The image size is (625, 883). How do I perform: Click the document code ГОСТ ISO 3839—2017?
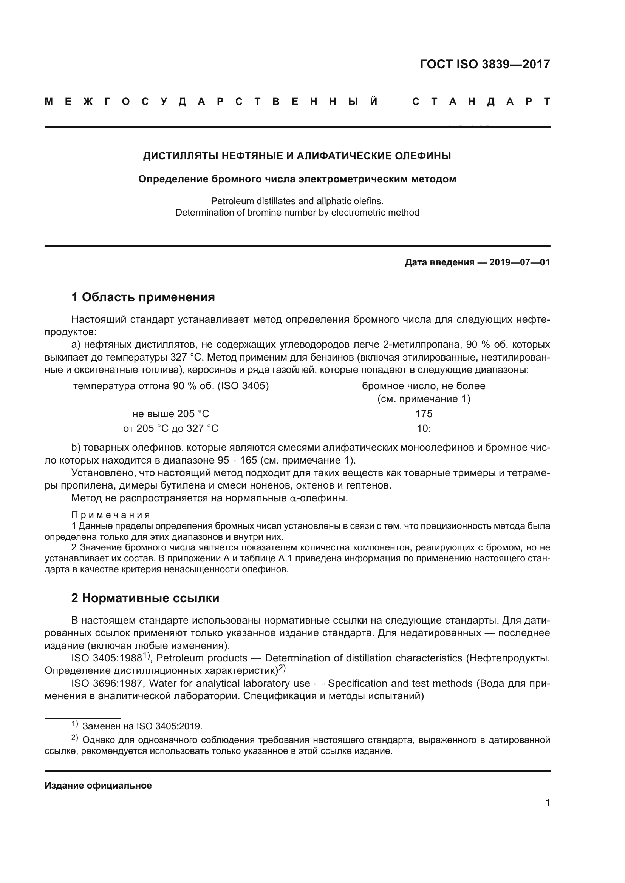pos(484,64)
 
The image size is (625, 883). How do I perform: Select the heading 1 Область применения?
pos(143,297)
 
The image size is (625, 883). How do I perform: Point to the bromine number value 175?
pos(424,414)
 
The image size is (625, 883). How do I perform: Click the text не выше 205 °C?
pos(170,414)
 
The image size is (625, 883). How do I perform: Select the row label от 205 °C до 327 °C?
pos(170,428)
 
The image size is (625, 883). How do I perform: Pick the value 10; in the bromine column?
pos(424,428)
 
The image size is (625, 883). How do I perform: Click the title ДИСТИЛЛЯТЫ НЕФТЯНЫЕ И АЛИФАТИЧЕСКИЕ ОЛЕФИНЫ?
pos(297,156)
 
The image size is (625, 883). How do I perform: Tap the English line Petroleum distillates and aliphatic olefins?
pos(297,201)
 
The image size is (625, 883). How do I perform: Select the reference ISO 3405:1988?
pos(107,658)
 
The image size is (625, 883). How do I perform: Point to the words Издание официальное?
pos(98,785)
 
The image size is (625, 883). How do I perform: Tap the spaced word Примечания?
pos(111,515)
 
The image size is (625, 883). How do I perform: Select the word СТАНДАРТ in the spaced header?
pos(481,102)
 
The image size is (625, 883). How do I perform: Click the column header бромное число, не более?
pos(423,386)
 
